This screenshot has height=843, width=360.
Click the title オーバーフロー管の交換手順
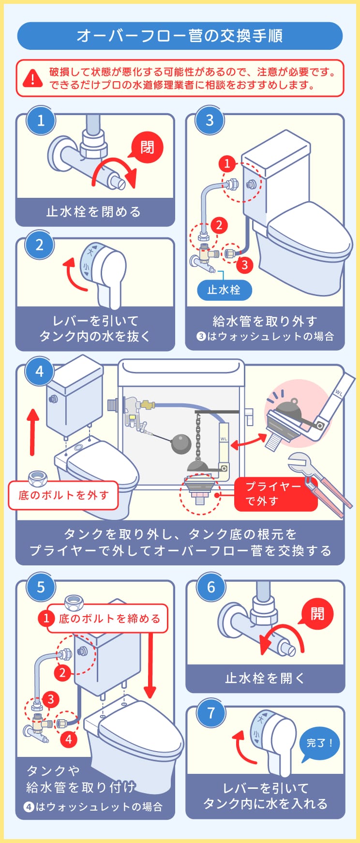point(180,36)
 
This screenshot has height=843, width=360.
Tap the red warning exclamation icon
point(33,78)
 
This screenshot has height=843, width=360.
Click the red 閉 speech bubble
point(147,147)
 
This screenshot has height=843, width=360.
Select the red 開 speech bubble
point(317,614)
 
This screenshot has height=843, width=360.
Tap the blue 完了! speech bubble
point(319,743)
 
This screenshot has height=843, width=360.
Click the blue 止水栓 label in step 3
point(224,290)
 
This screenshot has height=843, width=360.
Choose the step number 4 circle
point(40,371)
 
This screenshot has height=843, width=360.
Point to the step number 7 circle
point(211,713)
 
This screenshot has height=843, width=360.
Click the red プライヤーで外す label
point(271,494)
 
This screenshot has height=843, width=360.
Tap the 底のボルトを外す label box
point(63,495)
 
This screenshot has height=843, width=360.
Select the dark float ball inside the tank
point(181,444)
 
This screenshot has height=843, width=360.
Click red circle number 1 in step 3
point(227,163)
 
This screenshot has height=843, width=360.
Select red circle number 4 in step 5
point(68,739)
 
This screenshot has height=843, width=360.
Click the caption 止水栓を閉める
point(94,212)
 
